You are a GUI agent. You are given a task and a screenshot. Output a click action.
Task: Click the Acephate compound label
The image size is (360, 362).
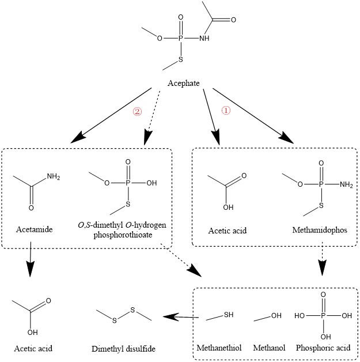(184, 84)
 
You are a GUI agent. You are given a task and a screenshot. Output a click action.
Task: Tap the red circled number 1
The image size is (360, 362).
(226, 111)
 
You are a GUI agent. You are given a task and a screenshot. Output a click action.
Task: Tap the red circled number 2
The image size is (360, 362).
(137, 111)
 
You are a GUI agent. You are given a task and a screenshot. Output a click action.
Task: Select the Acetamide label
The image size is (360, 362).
(36, 230)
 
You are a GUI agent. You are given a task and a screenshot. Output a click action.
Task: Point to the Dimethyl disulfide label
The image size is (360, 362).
(123, 349)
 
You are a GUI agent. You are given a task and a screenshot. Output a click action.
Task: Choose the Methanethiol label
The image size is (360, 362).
(219, 348)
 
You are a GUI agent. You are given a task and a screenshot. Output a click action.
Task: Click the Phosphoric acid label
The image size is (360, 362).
(323, 348)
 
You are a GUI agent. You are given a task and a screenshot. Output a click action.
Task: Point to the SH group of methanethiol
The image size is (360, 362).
(229, 314)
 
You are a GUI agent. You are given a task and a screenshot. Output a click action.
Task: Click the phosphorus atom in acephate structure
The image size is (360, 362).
(180, 39)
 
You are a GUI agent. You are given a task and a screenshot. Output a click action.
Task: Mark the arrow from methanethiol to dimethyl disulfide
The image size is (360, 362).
(184, 316)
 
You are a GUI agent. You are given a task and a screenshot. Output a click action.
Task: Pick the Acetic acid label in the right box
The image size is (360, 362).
(228, 231)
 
